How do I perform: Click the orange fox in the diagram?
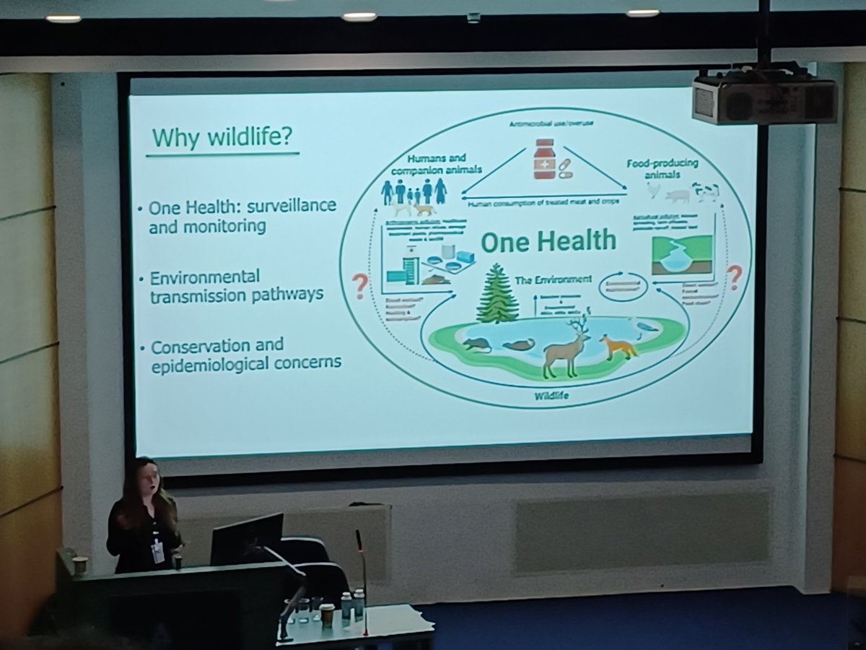click(618, 346)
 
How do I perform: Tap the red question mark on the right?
click(734, 277)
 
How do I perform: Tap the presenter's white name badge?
click(157, 552)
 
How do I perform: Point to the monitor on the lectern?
click(247, 539)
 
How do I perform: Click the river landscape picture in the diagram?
click(681, 256)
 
